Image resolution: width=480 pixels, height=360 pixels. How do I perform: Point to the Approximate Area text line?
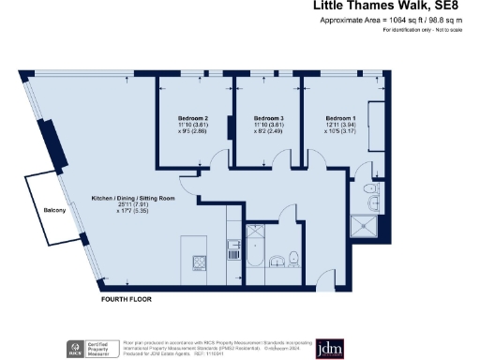click(x=398, y=21)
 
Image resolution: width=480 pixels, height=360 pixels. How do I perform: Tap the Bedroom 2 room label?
click(x=192, y=118)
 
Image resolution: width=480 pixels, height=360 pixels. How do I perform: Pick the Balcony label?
click(x=54, y=210)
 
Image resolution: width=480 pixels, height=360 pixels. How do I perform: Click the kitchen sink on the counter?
click(x=232, y=248)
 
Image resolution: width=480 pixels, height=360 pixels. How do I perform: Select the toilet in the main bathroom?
click(x=293, y=259)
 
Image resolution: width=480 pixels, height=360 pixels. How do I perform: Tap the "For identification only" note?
click(x=423, y=31)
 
